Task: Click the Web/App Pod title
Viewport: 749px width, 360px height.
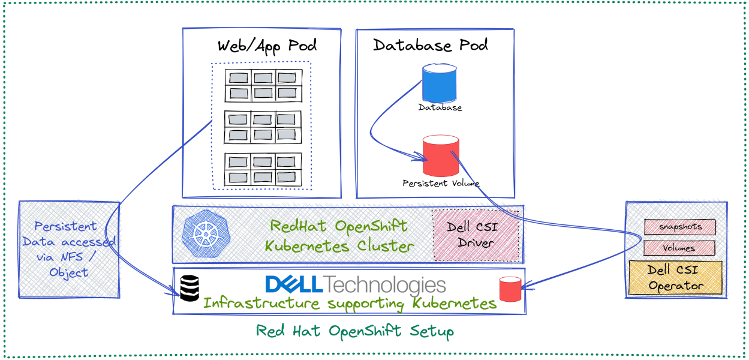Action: pyautogui.click(x=267, y=46)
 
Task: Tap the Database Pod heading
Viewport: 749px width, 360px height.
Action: pyautogui.click(x=430, y=45)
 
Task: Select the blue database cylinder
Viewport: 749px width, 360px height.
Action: pyautogui.click(x=440, y=83)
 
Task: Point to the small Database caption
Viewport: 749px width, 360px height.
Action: pyautogui.click(x=440, y=108)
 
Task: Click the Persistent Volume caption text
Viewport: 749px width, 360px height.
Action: pyautogui.click(x=441, y=184)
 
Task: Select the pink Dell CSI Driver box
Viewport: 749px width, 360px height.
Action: pyautogui.click(x=476, y=235)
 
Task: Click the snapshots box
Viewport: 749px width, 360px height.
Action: pyautogui.click(x=680, y=227)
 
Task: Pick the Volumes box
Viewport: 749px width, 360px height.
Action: pyautogui.click(x=679, y=248)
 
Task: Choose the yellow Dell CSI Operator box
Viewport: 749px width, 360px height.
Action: pyautogui.click(x=675, y=277)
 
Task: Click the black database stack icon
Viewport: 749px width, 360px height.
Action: pyautogui.click(x=188, y=288)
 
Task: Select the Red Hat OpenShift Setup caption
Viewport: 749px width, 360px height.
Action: pyautogui.click(x=355, y=331)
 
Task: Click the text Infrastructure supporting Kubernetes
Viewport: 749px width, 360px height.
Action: pyautogui.click(x=350, y=303)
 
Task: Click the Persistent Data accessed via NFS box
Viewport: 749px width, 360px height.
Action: pyautogui.click(x=68, y=249)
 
